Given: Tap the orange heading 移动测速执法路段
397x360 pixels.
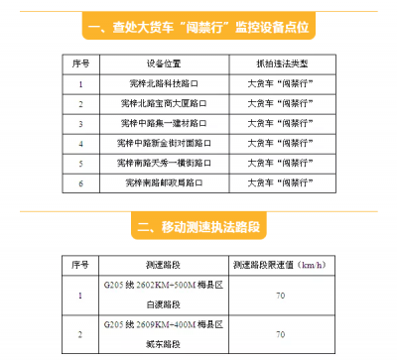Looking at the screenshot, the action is pos(198,228).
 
